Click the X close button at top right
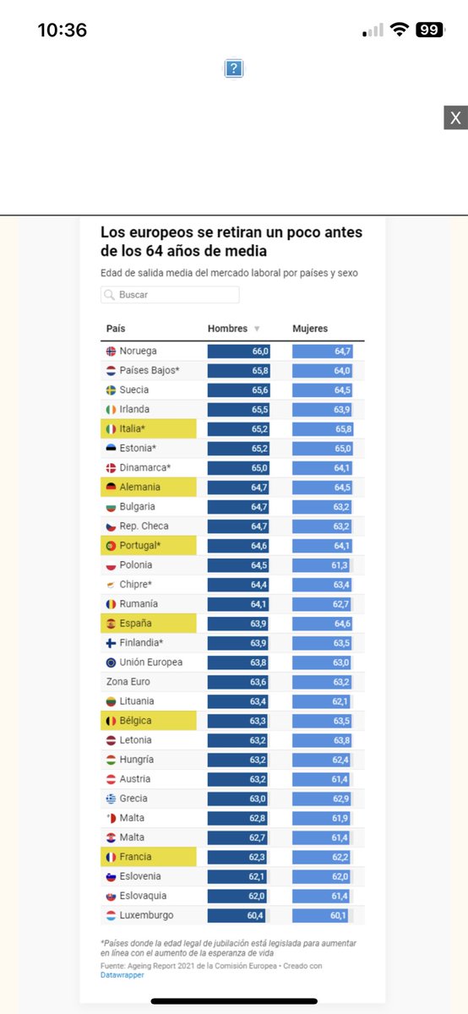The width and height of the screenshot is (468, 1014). point(455,117)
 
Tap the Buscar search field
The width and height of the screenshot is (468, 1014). point(170,295)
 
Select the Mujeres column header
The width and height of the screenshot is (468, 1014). point(310,329)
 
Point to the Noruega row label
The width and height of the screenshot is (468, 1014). point(138,351)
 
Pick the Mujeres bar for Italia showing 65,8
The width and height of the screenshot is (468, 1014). point(323,428)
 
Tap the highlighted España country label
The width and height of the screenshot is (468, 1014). point(136,624)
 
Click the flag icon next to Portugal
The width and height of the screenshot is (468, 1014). point(111,546)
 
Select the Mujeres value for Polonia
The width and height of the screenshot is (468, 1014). point(323,564)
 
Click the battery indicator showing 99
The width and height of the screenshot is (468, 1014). point(429,30)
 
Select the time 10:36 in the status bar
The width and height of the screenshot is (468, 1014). point(63,30)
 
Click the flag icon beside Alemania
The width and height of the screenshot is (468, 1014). point(111,487)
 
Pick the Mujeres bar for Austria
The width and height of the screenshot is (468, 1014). point(323,778)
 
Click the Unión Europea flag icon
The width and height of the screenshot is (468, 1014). point(111,662)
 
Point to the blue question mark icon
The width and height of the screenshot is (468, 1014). point(234,68)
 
